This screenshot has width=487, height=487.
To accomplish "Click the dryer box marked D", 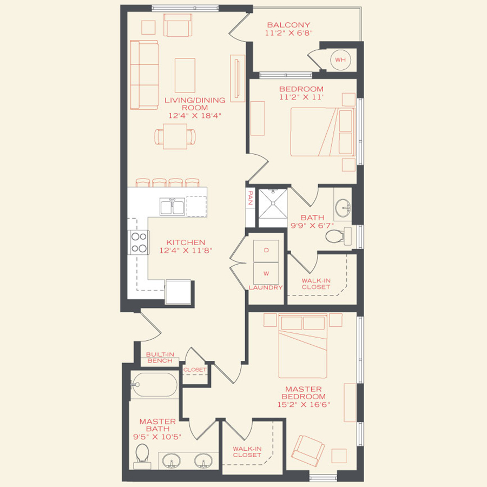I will pos(266,251).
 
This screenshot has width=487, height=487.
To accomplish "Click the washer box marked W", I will pos(266,273).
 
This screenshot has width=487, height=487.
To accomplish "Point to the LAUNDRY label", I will pos(266,288).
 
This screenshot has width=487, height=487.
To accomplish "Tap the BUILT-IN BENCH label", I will pos(159,357).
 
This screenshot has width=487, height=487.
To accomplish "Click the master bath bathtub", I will pos(155,385).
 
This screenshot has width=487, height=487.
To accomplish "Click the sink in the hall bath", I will pos(342,206).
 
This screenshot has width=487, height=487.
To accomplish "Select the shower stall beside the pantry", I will pos(272,207).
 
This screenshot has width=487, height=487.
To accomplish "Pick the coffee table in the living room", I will pos(185,75).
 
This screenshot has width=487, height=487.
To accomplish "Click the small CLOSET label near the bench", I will pos(195,370).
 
